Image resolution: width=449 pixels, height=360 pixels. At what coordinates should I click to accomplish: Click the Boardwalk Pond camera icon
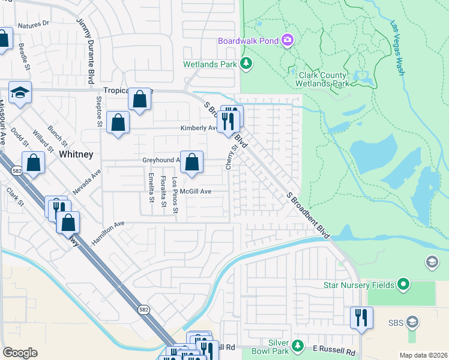[288, 40]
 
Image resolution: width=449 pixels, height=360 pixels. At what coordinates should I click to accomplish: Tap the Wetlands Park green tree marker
[246, 63]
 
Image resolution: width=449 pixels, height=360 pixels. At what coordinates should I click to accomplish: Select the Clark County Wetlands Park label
[323, 79]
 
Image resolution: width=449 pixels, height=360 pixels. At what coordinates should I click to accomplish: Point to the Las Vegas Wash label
[398, 48]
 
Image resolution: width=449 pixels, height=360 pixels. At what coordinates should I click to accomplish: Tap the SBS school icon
[412, 322]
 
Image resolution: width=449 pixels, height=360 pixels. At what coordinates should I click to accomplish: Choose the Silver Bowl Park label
[279, 346]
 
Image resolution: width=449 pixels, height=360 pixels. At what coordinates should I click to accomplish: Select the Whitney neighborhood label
[76, 154]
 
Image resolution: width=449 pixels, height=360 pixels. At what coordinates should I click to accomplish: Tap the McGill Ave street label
[196, 191]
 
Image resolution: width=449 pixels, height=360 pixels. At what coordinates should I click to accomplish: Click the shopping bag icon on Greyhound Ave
[191, 162]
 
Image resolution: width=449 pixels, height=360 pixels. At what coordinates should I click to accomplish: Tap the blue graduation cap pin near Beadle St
[20, 92]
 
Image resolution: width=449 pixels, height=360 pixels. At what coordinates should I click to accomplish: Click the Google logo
[20, 353]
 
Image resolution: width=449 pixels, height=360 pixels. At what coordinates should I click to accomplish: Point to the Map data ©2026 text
[423, 355]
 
